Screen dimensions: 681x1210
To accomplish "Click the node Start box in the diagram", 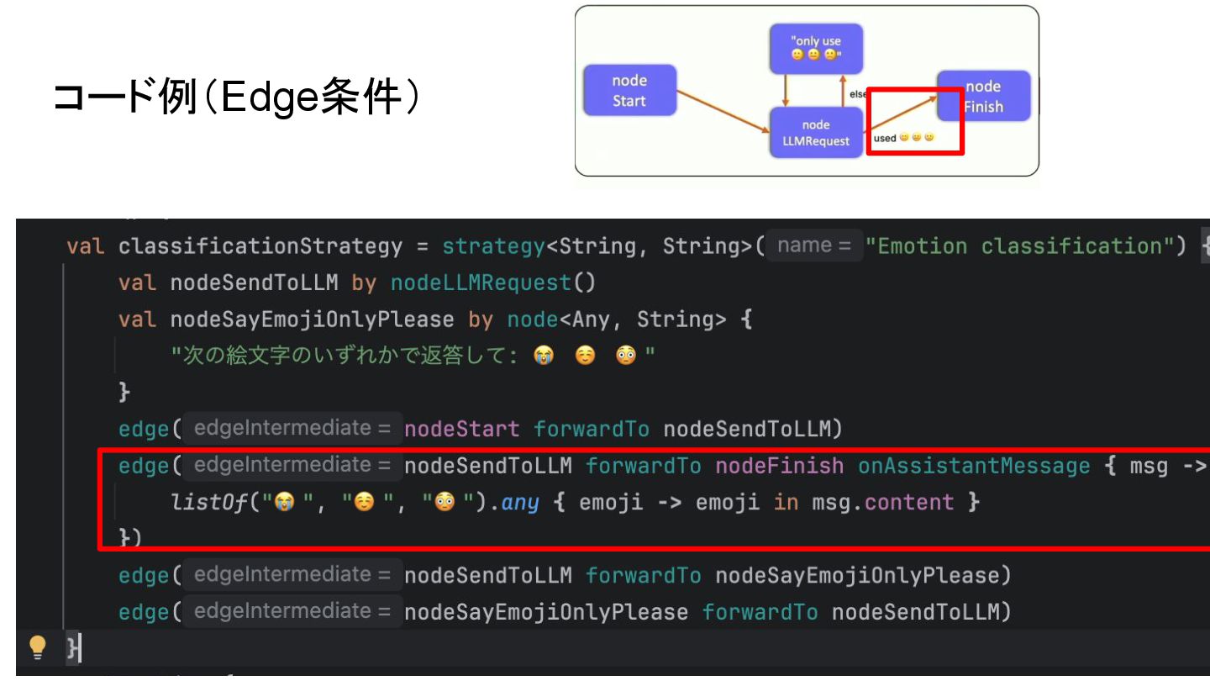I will tap(629, 91).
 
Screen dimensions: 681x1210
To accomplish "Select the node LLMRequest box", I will tap(815, 133).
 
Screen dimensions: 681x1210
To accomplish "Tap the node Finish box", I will tap(983, 97).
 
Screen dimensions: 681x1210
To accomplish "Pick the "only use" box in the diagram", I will tap(818, 48).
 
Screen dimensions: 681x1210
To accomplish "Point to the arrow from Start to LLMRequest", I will tap(723, 112).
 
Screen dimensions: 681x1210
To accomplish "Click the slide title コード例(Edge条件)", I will tap(236, 98).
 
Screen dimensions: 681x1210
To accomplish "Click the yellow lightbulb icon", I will tap(37, 646).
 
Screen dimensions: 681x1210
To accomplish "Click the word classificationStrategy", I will tap(260, 246).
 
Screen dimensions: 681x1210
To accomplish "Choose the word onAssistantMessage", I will tap(973, 466).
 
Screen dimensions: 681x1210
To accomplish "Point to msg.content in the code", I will tap(882, 503).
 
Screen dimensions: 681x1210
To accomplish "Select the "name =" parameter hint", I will tap(814, 245).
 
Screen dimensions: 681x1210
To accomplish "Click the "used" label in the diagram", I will tap(884, 139).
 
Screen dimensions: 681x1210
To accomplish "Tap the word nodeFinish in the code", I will tap(779, 466).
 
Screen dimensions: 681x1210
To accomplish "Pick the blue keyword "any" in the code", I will tap(519, 503).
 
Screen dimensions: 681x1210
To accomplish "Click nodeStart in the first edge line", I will tap(461, 429).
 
